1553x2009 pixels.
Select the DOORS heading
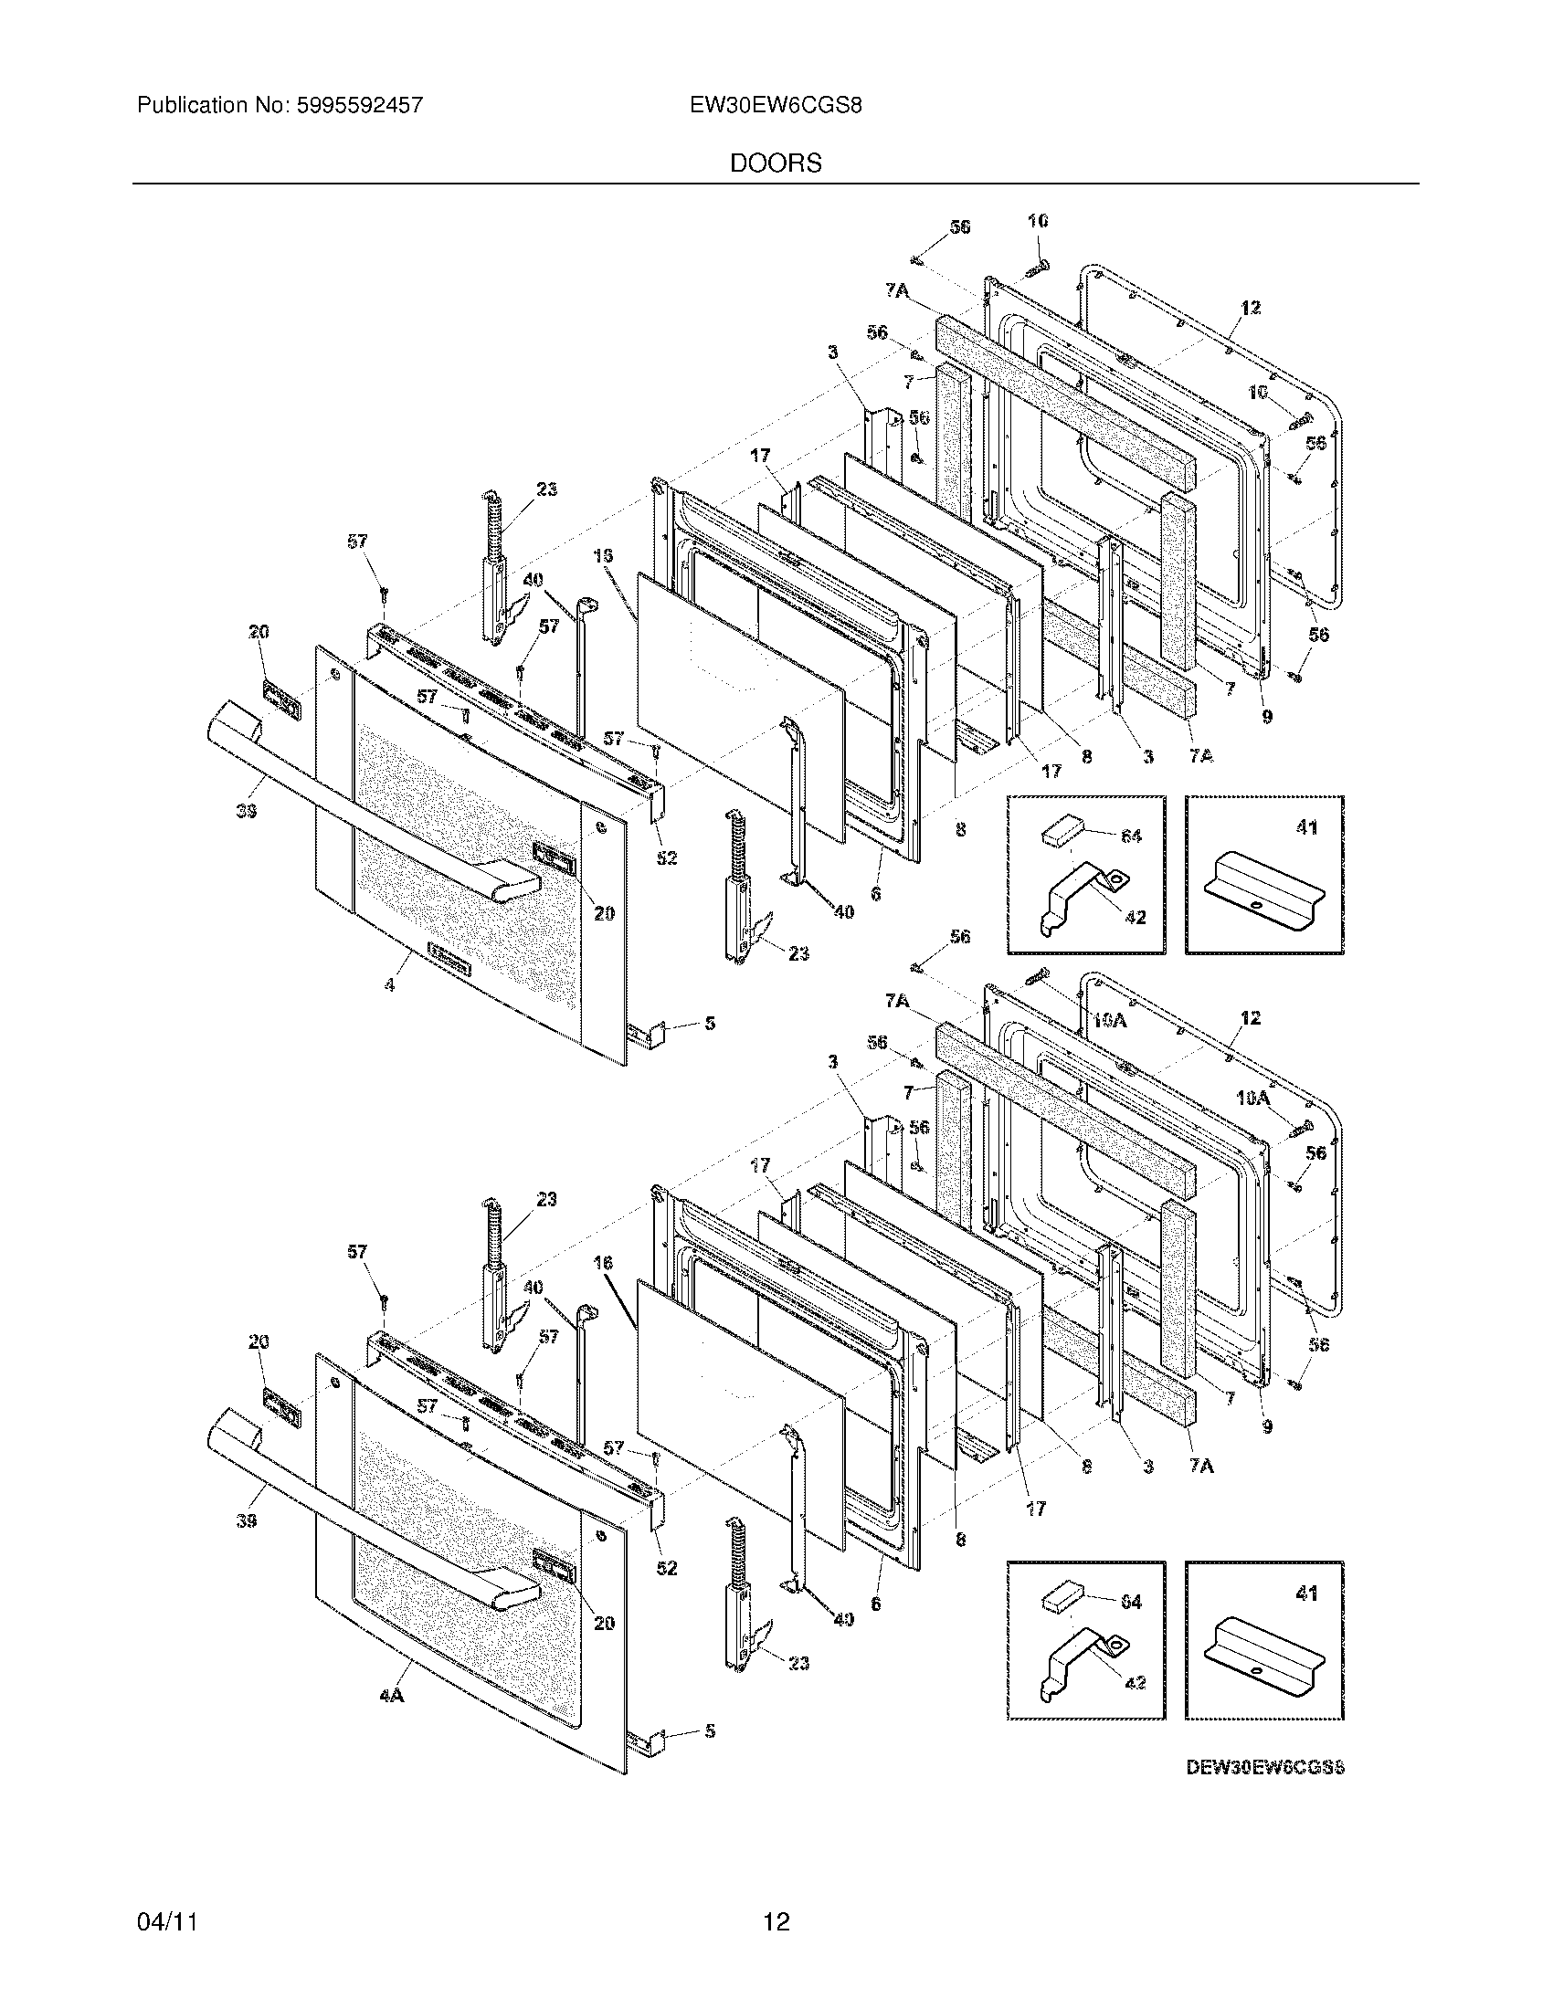tap(776, 163)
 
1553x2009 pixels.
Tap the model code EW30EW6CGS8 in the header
tap(776, 106)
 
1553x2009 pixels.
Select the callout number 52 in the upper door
tap(666, 857)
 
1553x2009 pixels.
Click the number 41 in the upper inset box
tap(1306, 827)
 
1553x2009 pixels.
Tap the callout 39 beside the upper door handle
tap(245, 810)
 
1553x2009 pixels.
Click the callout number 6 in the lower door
tap(875, 1603)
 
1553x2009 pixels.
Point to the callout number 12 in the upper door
tap(1250, 308)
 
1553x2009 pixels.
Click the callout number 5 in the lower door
tap(709, 1731)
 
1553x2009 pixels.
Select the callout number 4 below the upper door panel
tap(390, 984)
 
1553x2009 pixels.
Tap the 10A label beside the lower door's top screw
tap(1111, 1020)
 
